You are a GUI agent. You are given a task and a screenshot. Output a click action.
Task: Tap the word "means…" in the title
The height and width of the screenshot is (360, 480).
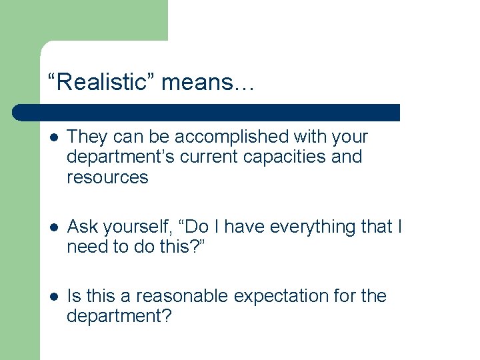point(207,83)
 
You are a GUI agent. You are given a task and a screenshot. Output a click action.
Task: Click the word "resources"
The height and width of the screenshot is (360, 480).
point(107,177)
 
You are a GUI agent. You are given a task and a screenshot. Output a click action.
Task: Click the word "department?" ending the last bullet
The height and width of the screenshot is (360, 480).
point(119,316)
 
